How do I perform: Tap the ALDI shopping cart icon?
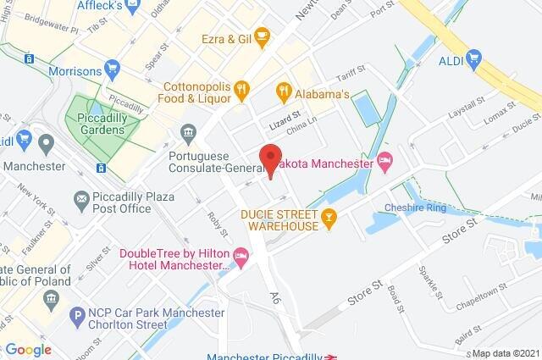coord(473,58)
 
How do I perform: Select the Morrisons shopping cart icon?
coord(112,66)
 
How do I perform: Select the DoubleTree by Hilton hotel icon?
coord(242,254)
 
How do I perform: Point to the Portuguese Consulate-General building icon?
coord(188,132)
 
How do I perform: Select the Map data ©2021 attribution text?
coord(505,353)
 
